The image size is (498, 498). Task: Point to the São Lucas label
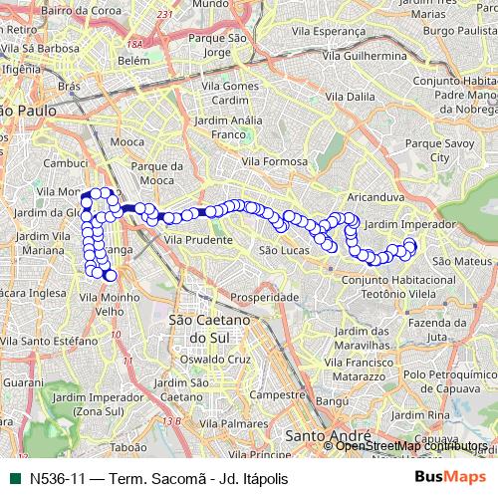[x=282, y=250]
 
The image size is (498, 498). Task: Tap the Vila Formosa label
[x=280, y=160]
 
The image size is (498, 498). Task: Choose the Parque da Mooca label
[x=159, y=172]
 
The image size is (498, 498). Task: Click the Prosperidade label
[x=265, y=298]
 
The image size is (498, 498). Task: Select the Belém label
[x=132, y=60]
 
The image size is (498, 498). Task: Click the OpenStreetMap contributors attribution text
[x=415, y=446]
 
